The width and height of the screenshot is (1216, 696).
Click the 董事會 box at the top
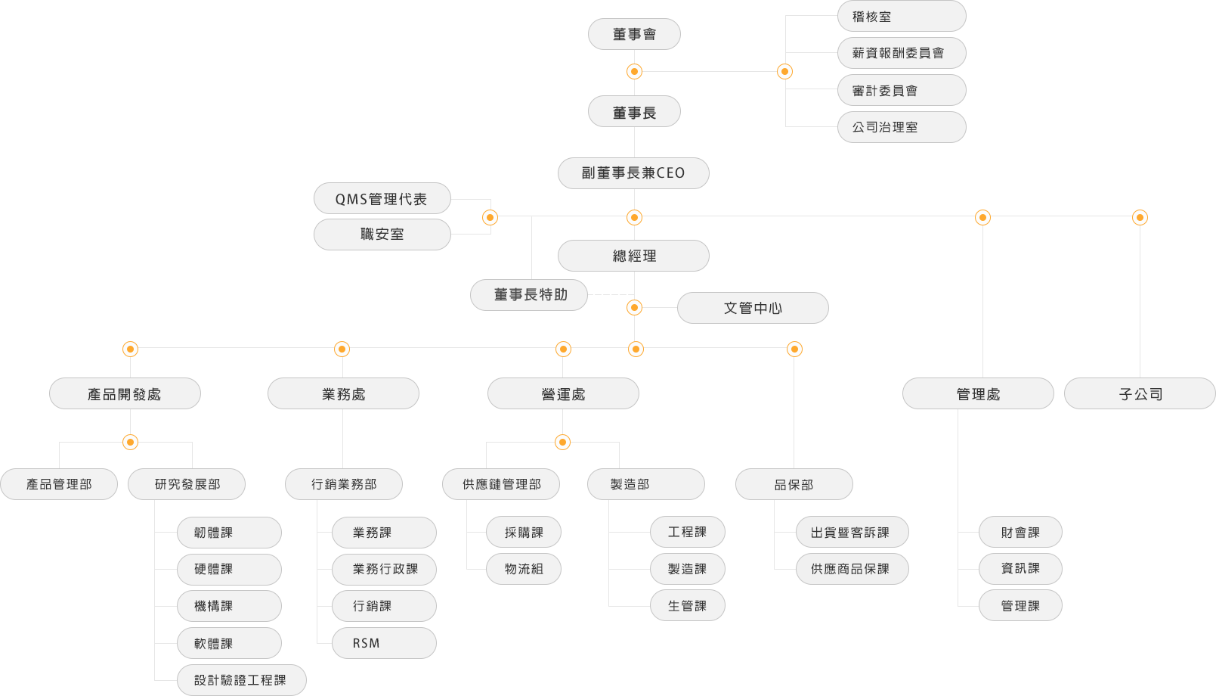click(634, 34)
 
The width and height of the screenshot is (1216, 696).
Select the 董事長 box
click(634, 112)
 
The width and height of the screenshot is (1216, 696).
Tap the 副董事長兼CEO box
click(633, 173)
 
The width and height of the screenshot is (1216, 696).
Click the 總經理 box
click(633, 256)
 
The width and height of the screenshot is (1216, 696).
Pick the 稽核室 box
click(902, 16)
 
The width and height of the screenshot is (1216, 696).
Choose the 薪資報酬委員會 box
click(902, 53)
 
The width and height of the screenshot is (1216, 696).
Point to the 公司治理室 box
click(902, 127)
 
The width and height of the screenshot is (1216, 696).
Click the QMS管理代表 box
click(382, 198)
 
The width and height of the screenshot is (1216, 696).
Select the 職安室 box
click(382, 235)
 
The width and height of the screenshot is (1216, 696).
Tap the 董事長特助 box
click(529, 295)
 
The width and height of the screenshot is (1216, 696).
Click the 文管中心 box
click(753, 308)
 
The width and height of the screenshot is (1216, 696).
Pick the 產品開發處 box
click(125, 393)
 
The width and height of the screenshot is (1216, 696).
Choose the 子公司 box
click(1140, 393)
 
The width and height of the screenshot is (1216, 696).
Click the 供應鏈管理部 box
click(501, 484)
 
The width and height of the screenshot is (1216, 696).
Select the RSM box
click(384, 643)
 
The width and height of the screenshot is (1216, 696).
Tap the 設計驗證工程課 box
click(241, 680)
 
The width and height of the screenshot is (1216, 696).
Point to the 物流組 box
click(523, 569)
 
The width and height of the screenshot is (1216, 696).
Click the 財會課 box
click(1020, 532)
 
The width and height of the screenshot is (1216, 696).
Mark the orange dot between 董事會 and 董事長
click(634, 71)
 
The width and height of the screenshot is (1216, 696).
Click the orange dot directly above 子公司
click(1140, 218)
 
